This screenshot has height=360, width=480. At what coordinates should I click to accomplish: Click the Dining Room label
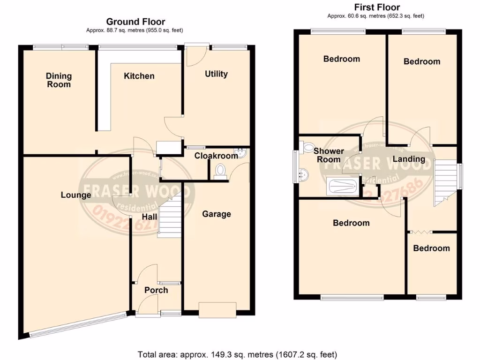[x=59, y=80]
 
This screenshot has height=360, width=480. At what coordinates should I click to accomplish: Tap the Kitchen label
[x=139, y=76]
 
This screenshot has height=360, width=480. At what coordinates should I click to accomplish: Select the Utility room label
[x=216, y=74]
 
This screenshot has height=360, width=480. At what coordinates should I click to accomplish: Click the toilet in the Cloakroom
[x=219, y=171]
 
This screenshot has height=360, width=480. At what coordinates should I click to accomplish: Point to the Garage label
[x=216, y=214]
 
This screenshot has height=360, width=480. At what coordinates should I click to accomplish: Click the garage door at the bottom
[x=217, y=309]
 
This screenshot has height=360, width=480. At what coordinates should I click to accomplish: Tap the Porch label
[x=156, y=290]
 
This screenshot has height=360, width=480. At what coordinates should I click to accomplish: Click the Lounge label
[x=75, y=195]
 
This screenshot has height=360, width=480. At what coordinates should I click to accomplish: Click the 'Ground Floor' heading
[x=135, y=22]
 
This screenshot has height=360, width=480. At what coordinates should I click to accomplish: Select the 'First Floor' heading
[x=377, y=7]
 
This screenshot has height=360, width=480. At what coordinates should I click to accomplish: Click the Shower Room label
[x=328, y=155]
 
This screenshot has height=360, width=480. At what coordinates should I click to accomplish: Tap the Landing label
[x=409, y=159]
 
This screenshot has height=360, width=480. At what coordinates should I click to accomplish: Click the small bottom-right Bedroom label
[x=431, y=248]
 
